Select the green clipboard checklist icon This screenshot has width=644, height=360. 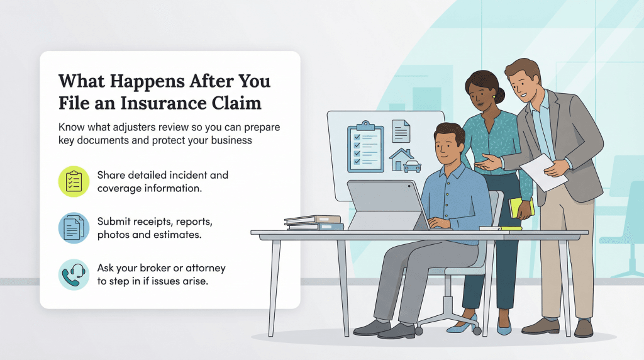click(x=74, y=181)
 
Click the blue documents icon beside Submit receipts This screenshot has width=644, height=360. click(x=74, y=228)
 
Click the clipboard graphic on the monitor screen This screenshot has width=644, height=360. click(x=364, y=148)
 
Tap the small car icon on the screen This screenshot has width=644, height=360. click(x=413, y=167)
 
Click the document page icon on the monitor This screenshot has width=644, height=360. click(x=401, y=132)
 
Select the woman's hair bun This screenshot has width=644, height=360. click(x=500, y=96)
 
